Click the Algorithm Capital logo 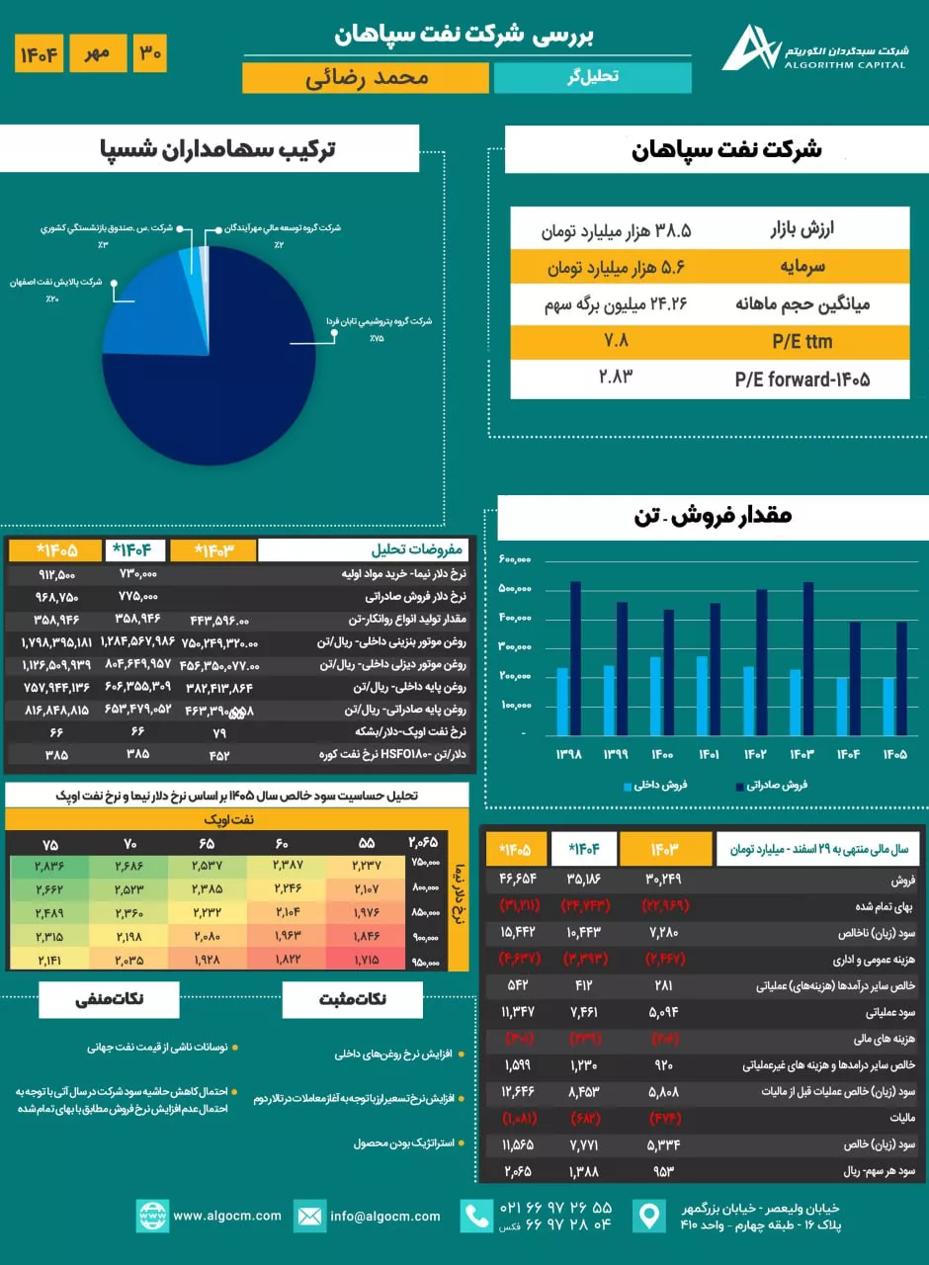[749, 47]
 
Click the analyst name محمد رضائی [365, 78]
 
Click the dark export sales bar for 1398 [574, 657]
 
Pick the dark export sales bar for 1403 [808, 657]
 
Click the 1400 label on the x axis [662, 754]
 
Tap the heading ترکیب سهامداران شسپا [218, 149]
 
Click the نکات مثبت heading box [353, 999]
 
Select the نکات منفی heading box [109, 999]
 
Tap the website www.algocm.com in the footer [226, 1216]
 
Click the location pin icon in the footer [649, 1216]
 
